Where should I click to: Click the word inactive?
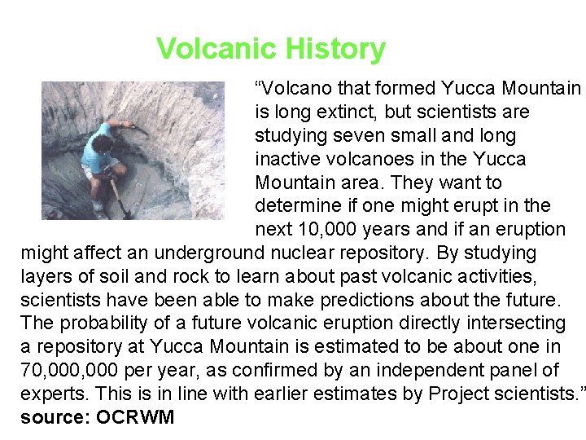(291, 159)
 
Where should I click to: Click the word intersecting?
(509, 323)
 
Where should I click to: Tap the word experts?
(54, 394)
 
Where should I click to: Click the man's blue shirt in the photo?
(102, 147)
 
